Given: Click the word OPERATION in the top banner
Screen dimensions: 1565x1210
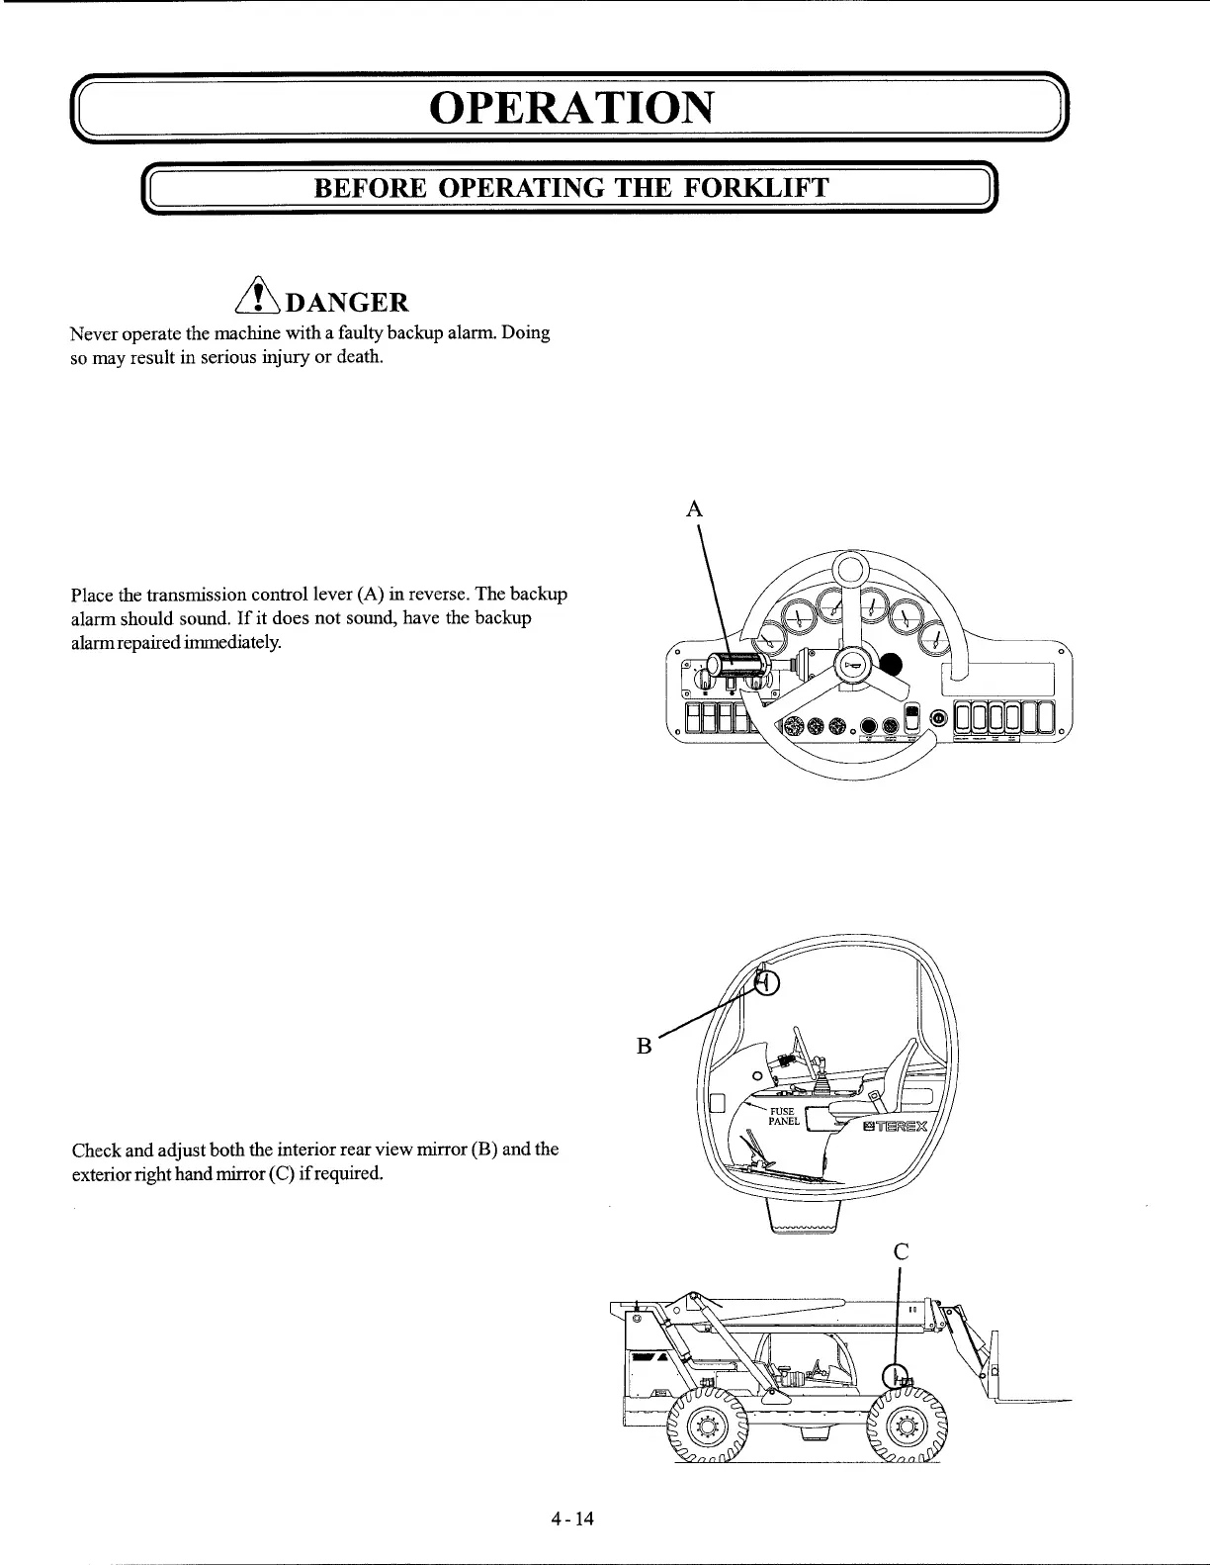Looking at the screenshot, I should [570, 107].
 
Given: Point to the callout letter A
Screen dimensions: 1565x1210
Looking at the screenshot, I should [695, 509].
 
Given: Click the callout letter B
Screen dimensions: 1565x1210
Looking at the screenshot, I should [644, 1046].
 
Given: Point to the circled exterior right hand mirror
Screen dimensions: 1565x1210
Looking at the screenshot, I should [894, 1376].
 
